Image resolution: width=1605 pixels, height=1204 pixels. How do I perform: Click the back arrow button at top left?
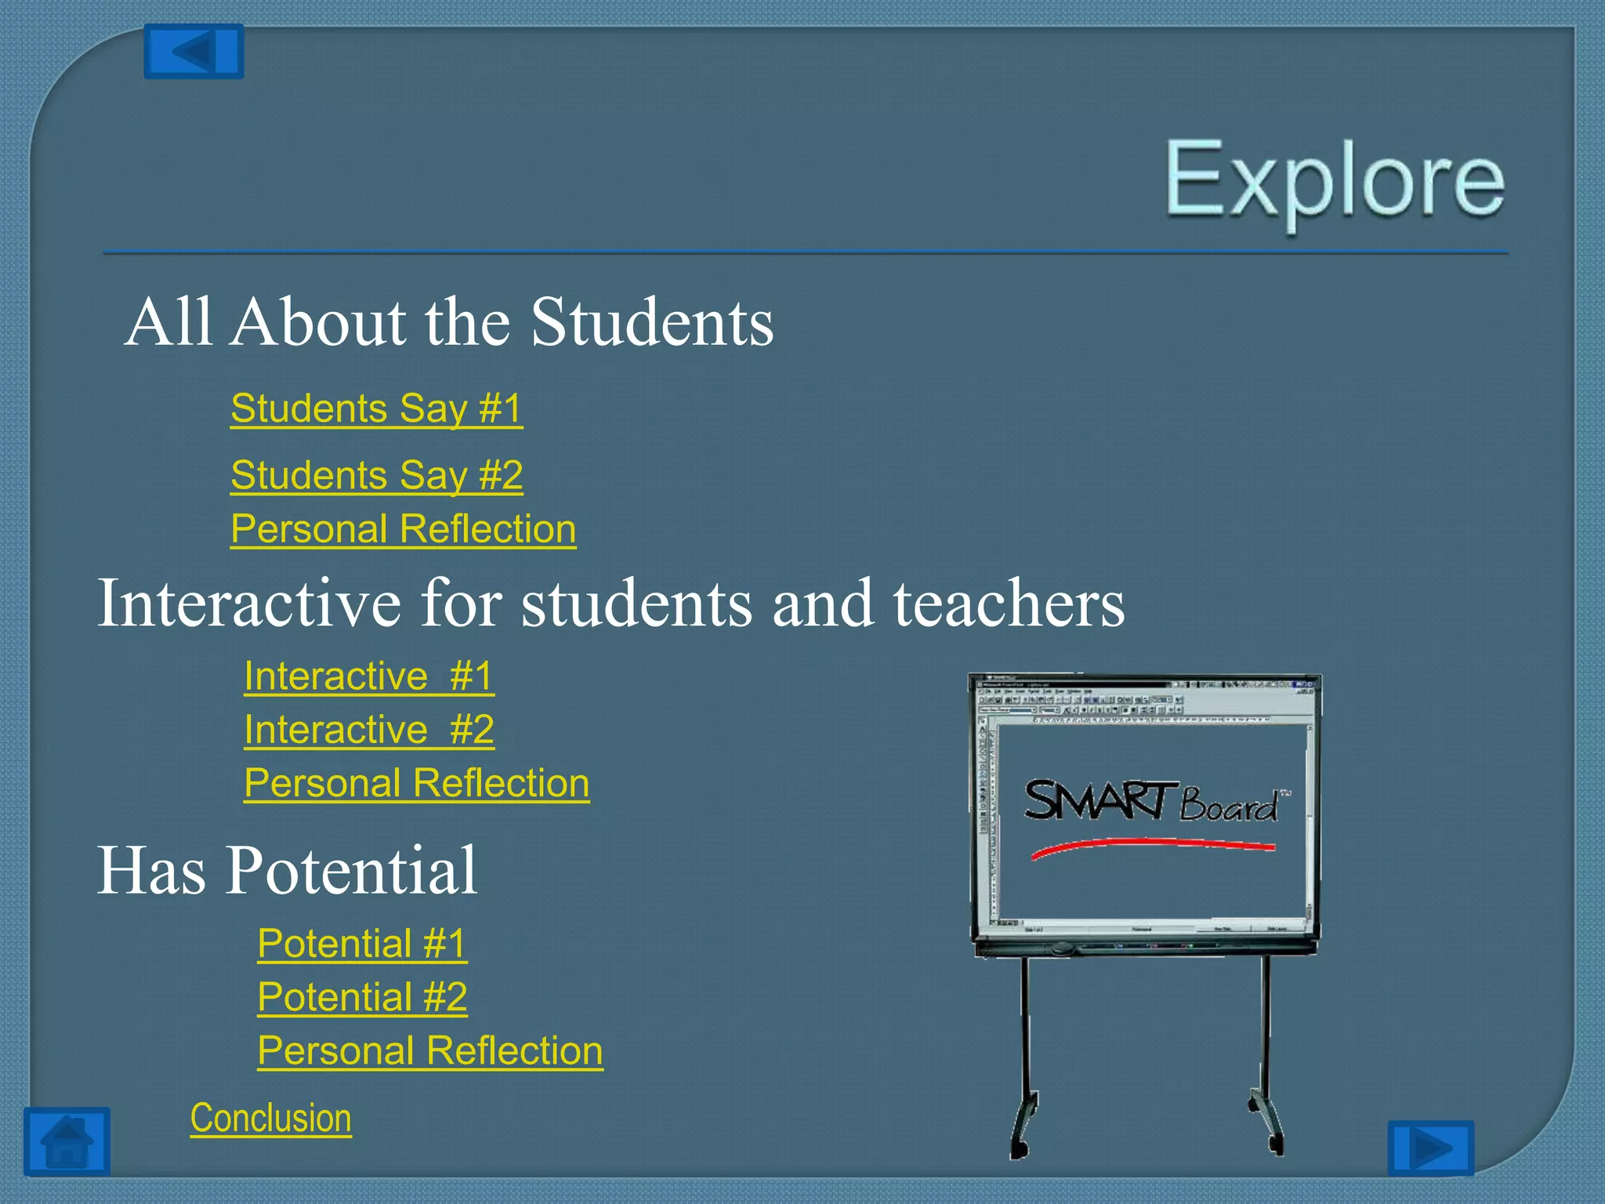coord(194,52)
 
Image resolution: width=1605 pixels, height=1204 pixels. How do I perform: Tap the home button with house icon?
coord(67,1141)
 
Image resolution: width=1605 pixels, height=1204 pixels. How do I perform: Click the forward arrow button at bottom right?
coord(1430,1148)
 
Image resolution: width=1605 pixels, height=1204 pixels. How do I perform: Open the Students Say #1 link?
coord(376,408)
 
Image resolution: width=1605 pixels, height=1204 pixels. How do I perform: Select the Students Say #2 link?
coord(376,475)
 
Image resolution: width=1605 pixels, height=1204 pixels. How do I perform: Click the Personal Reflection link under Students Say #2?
coord(403,529)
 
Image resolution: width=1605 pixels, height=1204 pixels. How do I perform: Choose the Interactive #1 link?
coord(368,676)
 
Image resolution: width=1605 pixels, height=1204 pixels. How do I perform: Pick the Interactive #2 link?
coord(368,730)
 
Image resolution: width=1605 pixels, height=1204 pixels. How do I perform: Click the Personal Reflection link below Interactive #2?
coord(416,783)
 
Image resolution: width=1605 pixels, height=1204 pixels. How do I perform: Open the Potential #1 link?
coord(362,943)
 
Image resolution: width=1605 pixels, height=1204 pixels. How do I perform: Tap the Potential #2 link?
coord(362,997)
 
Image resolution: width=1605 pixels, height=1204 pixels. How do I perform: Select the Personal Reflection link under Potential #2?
coord(429,1051)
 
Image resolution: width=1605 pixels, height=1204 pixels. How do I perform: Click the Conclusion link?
coord(270,1118)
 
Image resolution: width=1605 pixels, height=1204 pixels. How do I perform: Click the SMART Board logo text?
coord(1152,801)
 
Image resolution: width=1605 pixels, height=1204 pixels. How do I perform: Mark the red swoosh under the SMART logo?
coord(1152,845)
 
